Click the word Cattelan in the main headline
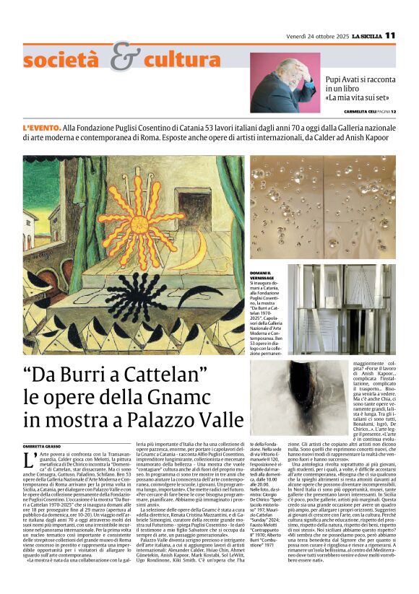[160, 375]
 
